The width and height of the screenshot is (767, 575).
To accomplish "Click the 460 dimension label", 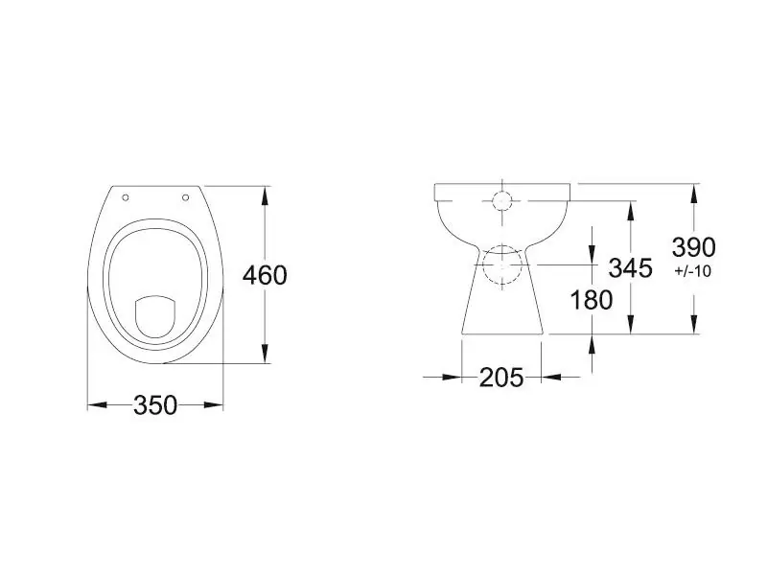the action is point(265,275).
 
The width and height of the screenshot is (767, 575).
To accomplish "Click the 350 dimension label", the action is point(155,405).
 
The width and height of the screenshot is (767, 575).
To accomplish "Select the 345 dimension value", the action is point(631,268).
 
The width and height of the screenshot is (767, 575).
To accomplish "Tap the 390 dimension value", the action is point(693,247).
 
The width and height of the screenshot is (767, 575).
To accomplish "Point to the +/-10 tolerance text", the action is point(692,271).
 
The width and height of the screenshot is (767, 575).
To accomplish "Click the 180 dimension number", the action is point(592,300).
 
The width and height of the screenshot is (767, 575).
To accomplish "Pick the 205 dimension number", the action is point(500,378).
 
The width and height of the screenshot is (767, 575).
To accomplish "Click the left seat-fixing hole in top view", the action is point(126,197).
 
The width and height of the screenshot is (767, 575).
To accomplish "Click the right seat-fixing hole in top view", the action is point(185,197).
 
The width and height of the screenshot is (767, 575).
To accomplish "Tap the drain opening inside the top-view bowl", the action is point(154,316).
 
